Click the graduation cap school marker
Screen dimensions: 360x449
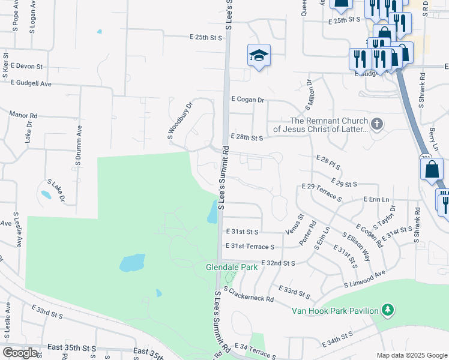pyautogui.click(x=259, y=56)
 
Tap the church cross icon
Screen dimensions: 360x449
pyautogui.click(x=377, y=124)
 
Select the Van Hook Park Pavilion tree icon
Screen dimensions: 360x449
pyautogui.click(x=389, y=310)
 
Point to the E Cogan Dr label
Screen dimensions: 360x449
pyautogui.click(x=247, y=100)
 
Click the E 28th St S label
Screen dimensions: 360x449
pyautogui.click(x=247, y=138)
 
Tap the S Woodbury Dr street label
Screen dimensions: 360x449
pyautogui.click(x=179, y=121)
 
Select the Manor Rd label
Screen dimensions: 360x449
pyautogui.click(x=23, y=114)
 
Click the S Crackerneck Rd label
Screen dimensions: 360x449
pyautogui.click(x=249, y=294)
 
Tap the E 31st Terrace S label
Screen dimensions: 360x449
pyautogui.click(x=250, y=247)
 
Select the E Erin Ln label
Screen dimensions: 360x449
pyautogui.click(x=376, y=199)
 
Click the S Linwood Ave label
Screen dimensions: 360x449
pyautogui.click(x=364, y=279)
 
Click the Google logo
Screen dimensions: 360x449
pyautogui.click(x=20, y=353)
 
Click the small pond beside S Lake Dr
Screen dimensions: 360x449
pyautogui.click(x=44, y=195)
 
